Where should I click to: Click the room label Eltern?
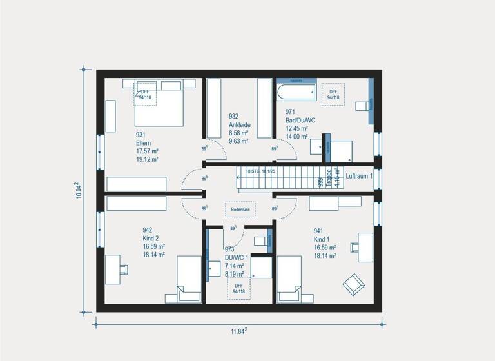(143, 142)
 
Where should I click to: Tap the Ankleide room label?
(239, 124)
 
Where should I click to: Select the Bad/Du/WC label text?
(300, 120)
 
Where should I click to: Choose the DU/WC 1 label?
(237, 257)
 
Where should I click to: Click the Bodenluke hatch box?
(239, 210)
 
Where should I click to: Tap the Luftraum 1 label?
(359, 175)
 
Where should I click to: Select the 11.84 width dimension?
(239, 331)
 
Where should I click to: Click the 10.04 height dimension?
(78, 190)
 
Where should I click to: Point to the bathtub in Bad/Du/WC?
(298, 91)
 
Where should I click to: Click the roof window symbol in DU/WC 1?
(238, 289)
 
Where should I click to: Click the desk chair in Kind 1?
(356, 246)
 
